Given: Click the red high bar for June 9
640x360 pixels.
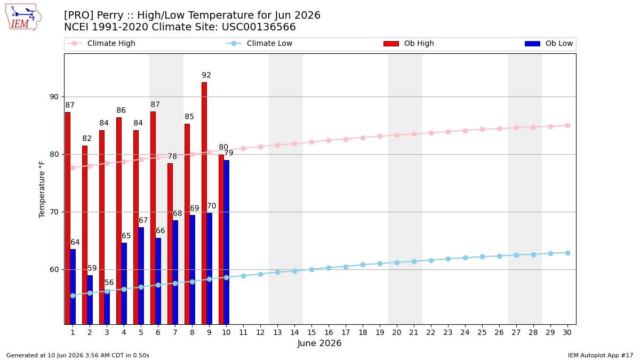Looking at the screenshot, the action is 204,203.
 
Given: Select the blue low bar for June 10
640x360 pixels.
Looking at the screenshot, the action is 227,242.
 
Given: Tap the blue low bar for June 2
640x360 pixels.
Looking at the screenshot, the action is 90,300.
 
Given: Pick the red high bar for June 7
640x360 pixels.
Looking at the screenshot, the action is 170,244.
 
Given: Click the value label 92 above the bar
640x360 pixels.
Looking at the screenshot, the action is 206,75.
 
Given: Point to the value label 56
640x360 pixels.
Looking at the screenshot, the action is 109,283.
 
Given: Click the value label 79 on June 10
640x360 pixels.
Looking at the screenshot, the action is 229,153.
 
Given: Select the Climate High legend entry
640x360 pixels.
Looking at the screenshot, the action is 101,43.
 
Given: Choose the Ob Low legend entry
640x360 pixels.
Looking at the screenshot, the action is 549,43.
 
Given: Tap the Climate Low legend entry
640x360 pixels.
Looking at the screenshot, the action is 259,43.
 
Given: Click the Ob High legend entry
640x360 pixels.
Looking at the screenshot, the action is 409,43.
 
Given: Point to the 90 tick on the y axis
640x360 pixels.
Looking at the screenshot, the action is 54,97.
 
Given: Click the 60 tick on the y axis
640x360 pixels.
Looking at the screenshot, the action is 54,270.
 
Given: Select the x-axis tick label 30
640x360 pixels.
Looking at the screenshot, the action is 567,333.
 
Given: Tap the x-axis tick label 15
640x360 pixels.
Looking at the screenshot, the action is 311,333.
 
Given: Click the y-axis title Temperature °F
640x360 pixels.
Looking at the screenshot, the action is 42,189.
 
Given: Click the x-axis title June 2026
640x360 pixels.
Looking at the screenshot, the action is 319,343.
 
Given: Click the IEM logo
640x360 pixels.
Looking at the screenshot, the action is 23,18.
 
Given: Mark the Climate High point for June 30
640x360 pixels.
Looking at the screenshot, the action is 567,126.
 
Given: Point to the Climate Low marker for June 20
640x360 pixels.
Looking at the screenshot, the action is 397,262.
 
